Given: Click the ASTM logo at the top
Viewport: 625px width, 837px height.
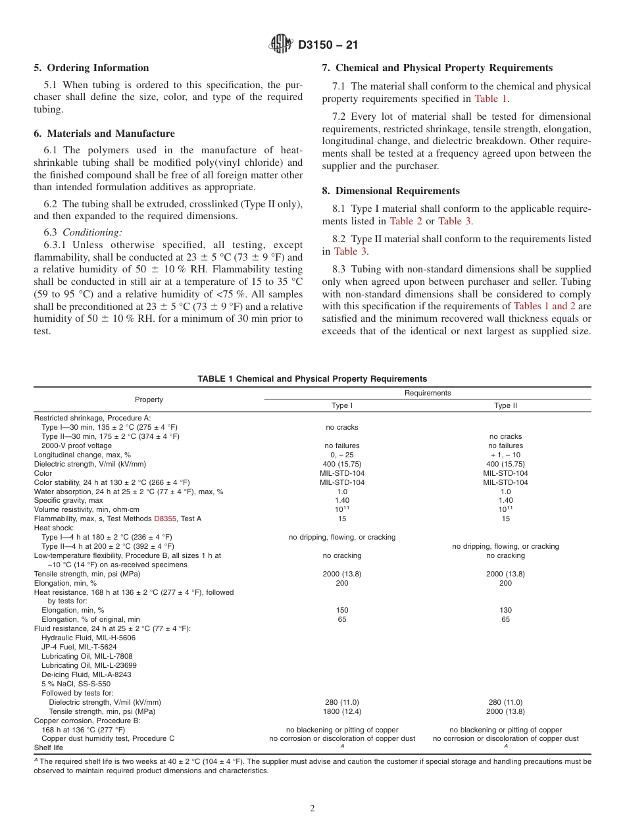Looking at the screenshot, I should pos(281,45).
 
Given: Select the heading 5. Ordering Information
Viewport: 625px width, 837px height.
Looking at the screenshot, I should pos(91,68).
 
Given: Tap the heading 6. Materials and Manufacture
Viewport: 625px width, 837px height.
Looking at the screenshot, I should pos(104,134).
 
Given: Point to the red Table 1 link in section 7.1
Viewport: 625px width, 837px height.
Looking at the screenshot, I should pos(491,99).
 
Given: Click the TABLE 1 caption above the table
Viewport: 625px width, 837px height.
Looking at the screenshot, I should pos(312,379).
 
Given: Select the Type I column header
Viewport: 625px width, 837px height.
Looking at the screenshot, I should pos(342,406).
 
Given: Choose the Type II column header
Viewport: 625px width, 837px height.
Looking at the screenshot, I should pos(505,406).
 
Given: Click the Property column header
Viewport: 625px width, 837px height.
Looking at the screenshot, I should pos(149,399).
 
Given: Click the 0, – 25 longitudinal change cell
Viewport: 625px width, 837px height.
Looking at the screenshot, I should pos(342,455).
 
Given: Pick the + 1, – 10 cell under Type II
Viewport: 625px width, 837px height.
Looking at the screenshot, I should pos(505,455).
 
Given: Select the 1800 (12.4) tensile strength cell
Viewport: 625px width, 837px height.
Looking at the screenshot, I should pos(342,711).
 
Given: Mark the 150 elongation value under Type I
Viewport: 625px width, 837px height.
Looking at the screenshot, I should pos(342,610).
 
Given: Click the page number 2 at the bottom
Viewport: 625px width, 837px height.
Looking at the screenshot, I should pos(312,809).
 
